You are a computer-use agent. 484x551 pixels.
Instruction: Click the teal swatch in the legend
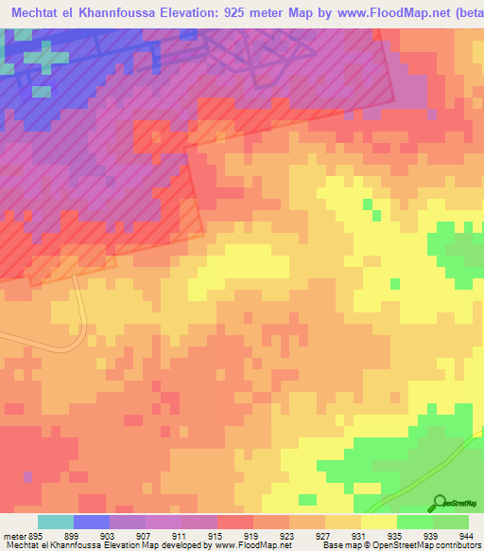56,522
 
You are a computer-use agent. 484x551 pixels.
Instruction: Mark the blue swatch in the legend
92,522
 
